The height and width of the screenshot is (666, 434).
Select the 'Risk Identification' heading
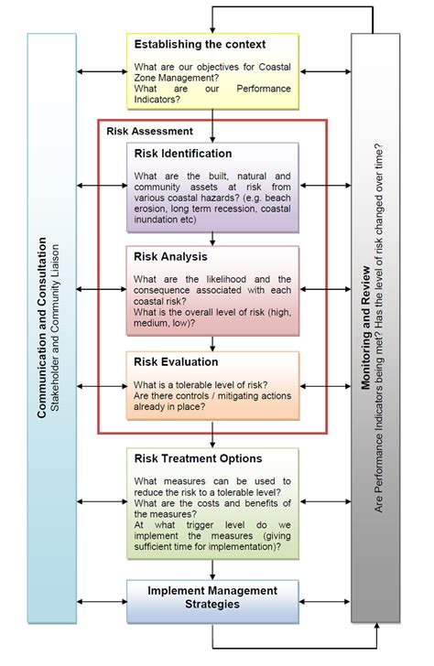coord(183,153)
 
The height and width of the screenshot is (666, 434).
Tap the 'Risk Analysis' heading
coord(172,256)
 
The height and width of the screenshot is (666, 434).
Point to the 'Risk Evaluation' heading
coord(177,362)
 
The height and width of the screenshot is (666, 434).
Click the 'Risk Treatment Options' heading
coord(198,458)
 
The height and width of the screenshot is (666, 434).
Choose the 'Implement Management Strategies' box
coord(212,596)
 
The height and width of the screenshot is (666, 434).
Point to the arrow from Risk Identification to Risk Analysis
coord(212,238)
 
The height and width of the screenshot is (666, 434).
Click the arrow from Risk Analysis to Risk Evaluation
coord(212,343)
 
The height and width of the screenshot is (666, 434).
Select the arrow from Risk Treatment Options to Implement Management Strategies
coord(212,570)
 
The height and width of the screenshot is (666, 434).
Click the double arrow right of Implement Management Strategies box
coord(325,601)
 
